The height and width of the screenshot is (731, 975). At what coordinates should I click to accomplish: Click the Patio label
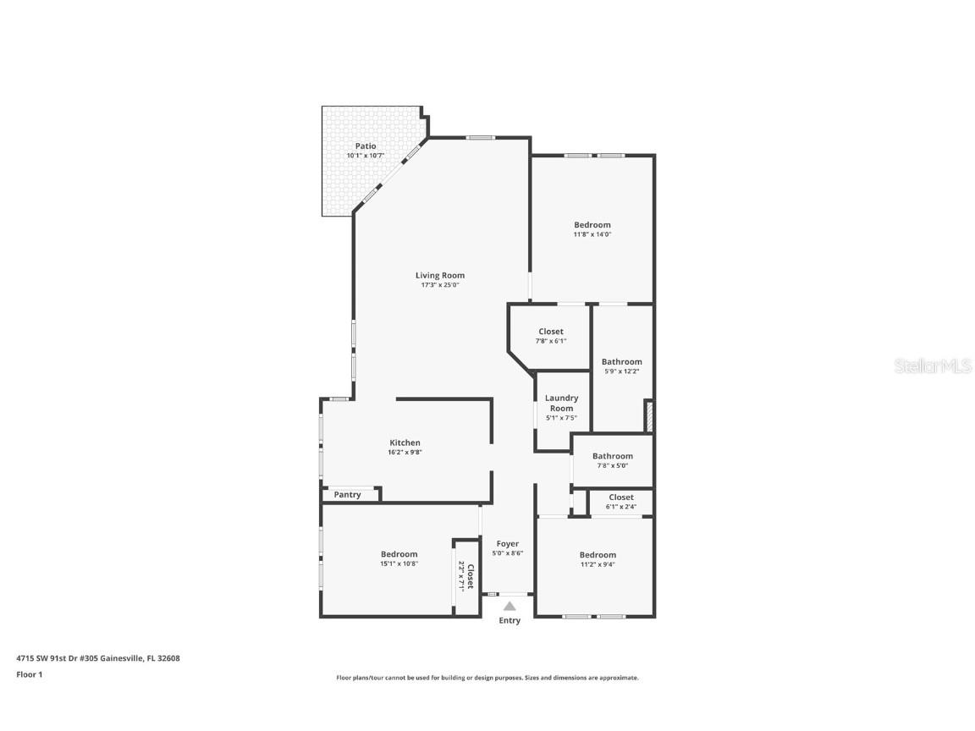click(x=366, y=146)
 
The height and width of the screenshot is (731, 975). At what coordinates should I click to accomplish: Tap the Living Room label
click(x=440, y=275)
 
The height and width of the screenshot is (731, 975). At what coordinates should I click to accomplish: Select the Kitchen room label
click(x=405, y=442)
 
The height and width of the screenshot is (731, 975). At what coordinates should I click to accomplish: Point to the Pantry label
click(x=347, y=495)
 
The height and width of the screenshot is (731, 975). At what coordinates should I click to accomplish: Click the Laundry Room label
click(x=561, y=403)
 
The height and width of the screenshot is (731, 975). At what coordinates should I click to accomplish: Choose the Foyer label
click(x=508, y=544)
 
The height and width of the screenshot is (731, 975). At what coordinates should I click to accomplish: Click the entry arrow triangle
click(x=510, y=606)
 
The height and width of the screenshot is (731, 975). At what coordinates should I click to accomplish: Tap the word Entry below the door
click(x=510, y=620)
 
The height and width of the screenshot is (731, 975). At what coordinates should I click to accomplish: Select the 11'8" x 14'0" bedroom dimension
click(x=592, y=234)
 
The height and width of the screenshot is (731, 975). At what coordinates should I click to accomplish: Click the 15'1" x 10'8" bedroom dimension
click(x=399, y=563)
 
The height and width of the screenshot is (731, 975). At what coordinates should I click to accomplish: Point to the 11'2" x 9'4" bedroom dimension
click(x=598, y=564)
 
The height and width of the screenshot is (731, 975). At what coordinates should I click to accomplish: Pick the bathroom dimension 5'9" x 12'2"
click(x=622, y=371)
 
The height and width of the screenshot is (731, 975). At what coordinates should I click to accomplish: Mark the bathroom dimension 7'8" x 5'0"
click(x=613, y=465)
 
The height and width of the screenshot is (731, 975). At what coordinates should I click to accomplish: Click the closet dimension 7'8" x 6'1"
click(x=551, y=341)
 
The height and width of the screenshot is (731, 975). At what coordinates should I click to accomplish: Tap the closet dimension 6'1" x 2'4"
click(x=621, y=507)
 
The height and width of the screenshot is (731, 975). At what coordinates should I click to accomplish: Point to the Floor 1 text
click(x=29, y=674)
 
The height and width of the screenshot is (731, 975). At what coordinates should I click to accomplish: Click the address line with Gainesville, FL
click(x=98, y=657)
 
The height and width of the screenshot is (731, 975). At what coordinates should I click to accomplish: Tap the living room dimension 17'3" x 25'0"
click(x=440, y=285)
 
